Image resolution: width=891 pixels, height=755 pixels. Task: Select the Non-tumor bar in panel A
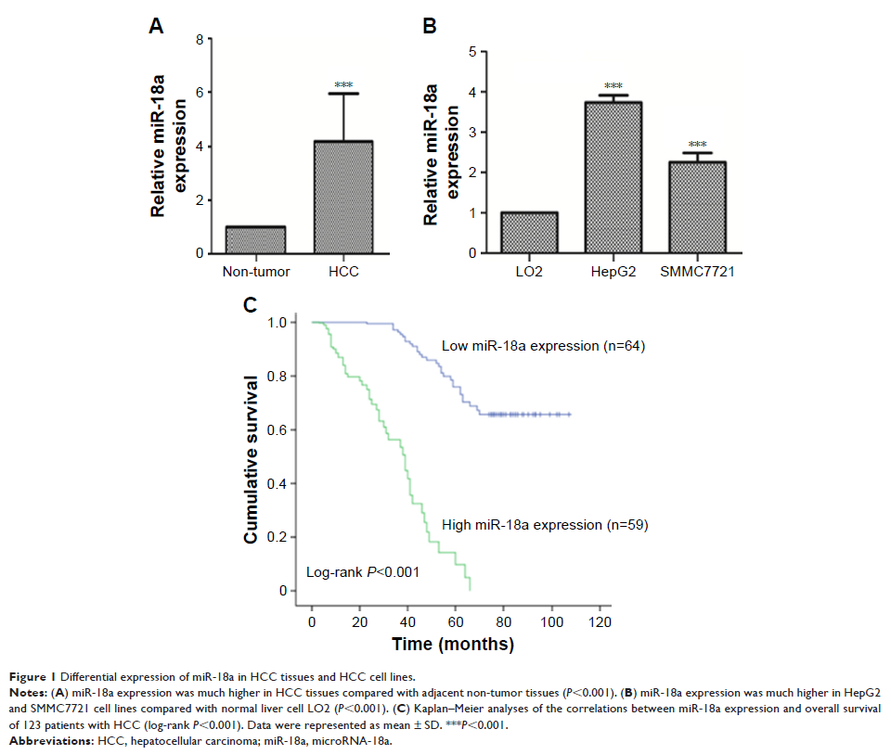tap(255, 239)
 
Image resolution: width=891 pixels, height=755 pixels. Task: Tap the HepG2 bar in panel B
tap(613, 177)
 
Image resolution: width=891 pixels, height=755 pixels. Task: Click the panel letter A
tap(157, 27)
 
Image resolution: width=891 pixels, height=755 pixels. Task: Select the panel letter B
tap(430, 27)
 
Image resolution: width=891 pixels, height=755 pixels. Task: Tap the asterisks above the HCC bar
tap(344, 86)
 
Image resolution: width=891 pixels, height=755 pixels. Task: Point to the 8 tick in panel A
tap(199, 39)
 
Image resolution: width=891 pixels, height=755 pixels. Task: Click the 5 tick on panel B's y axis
tap(472, 52)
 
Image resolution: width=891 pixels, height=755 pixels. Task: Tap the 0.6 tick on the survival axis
tap(277, 429)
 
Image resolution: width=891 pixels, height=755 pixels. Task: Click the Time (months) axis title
tap(453, 643)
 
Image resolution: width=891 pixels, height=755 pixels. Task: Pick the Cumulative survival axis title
tap(251, 458)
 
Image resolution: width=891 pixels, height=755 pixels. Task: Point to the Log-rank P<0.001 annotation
tap(363, 572)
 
